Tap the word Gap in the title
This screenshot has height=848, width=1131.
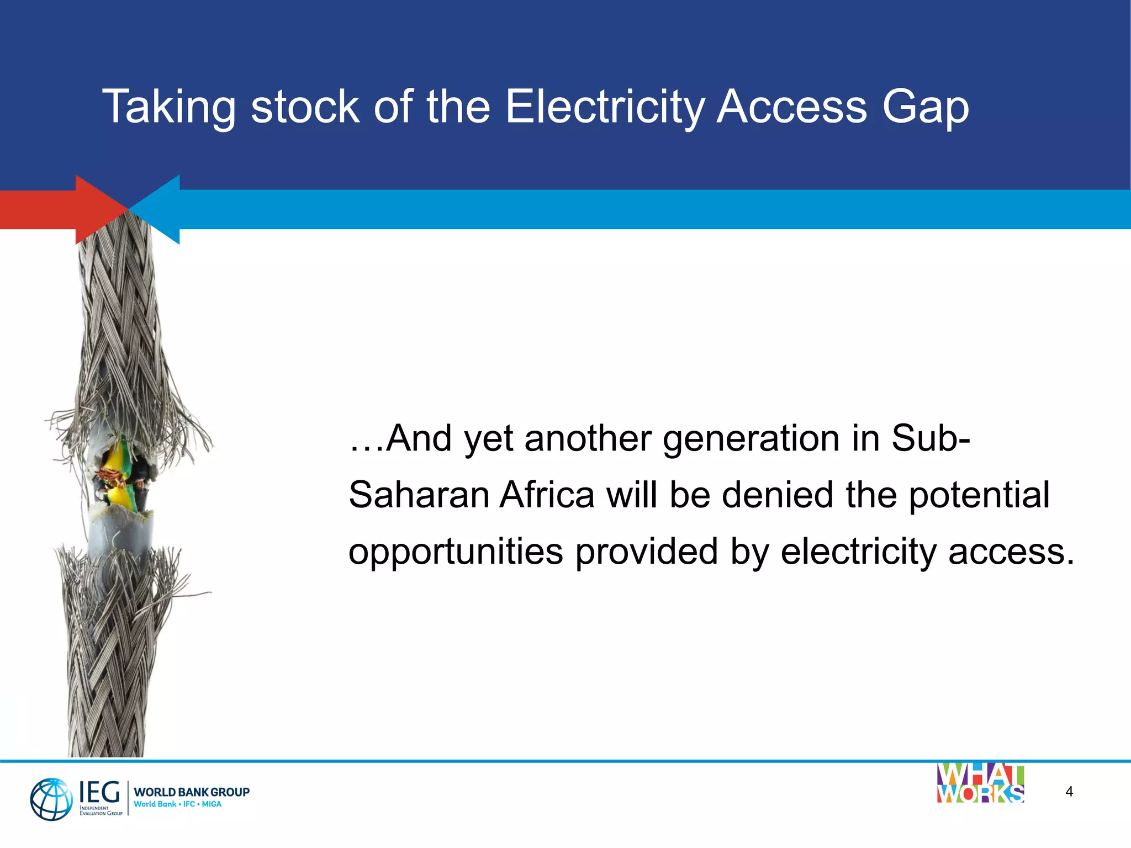click(925, 107)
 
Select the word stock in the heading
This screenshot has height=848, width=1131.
click(305, 106)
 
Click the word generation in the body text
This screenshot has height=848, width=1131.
click(750, 439)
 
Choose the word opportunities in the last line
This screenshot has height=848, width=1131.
click(456, 552)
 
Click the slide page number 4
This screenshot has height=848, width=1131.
click(1069, 792)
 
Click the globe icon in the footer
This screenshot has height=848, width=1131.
click(51, 799)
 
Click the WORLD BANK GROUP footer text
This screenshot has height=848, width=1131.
click(192, 792)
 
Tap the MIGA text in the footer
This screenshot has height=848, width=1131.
click(212, 804)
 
